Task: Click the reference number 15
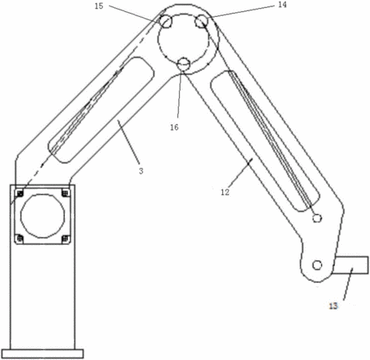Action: (x=99, y=6)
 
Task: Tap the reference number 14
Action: (x=282, y=5)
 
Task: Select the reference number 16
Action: (x=174, y=127)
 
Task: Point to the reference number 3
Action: (x=141, y=171)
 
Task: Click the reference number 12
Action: (x=225, y=192)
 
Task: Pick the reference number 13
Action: (x=333, y=306)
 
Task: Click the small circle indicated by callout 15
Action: (x=166, y=22)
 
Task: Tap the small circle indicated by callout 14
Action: (x=201, y=21)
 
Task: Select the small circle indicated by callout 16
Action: (x=184, y=65)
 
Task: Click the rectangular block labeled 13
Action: (x=351, y=265)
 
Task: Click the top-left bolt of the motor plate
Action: (x=20, y=193)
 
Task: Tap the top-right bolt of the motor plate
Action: (x=66, y=193)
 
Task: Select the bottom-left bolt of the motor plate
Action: (x=20, y=238)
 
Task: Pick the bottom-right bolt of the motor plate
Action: (x=66, y=238)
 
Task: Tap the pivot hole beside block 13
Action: (x=317, y=265)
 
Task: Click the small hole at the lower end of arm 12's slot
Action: (x=317, y=218)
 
